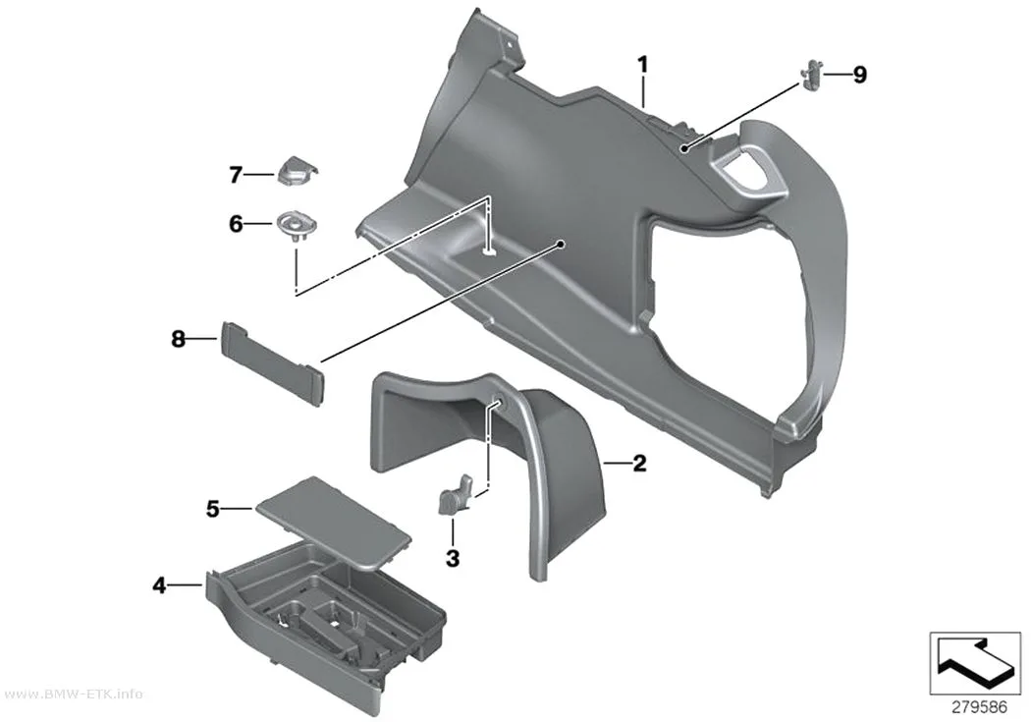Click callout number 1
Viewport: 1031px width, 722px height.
point(642,65)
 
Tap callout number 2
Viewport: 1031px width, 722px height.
point(639,464)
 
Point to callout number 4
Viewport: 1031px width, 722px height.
point(160,584)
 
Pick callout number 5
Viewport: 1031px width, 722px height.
point(212,508)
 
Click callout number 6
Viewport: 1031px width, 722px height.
point(236,224)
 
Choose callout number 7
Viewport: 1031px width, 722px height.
point(236,175)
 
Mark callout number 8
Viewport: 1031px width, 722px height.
point(178,339)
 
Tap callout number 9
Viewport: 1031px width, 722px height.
point(860,75)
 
